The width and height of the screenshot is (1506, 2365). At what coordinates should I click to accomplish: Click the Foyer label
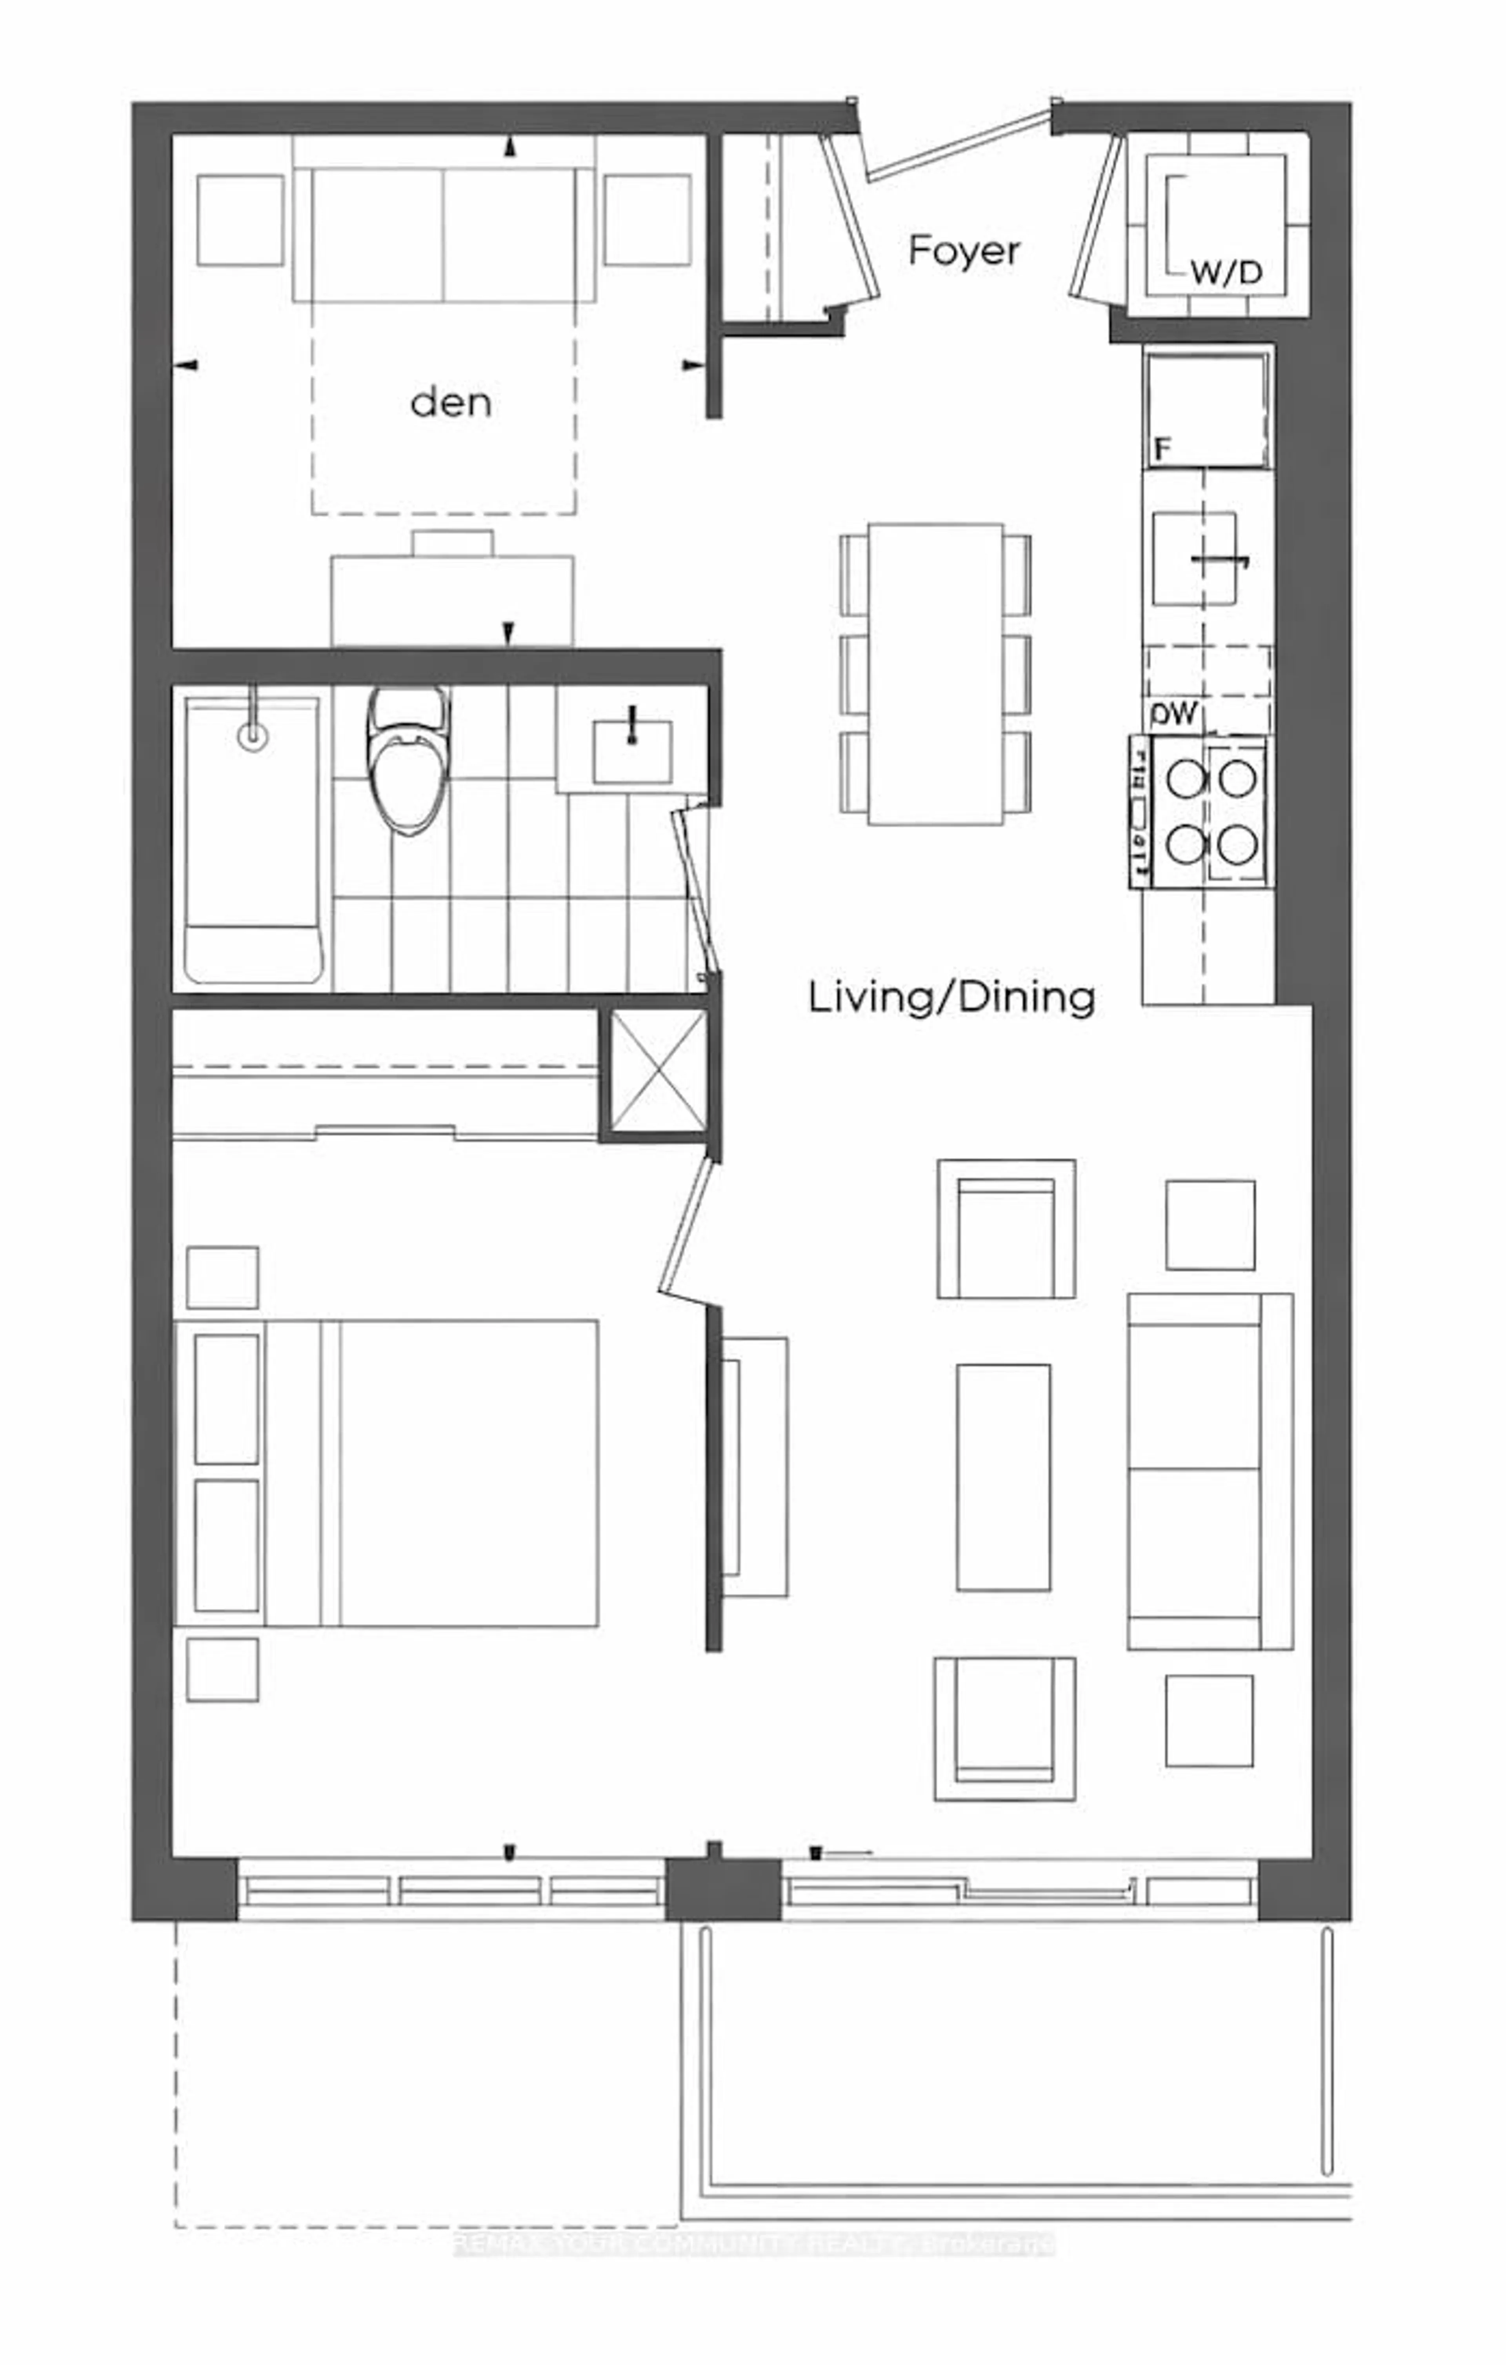pos(964,251)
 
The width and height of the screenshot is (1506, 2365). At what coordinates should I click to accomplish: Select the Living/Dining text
pos(951,998)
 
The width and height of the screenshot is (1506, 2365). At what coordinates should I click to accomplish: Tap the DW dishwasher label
pos(1175,714)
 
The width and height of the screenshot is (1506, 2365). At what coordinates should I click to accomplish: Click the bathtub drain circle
pos(253,736)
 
